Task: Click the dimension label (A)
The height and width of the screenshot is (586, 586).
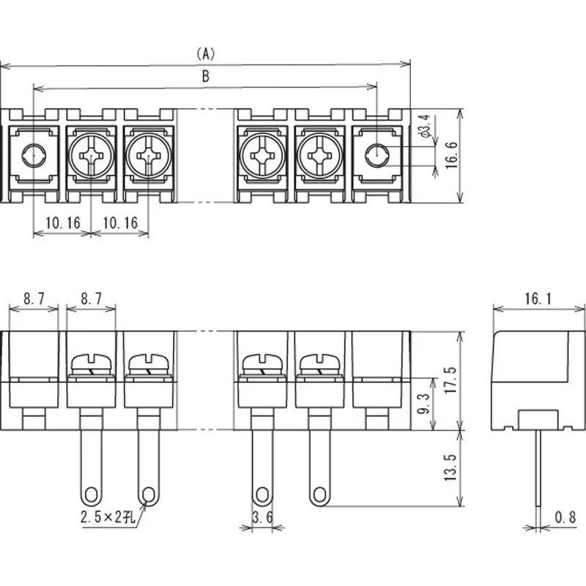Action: click(206, 53)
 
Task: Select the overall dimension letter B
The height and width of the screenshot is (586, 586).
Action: click(206, 75)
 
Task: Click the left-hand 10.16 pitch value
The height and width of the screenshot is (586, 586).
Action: click(62, 223)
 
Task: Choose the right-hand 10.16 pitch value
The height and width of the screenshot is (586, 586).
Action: click(119, 223)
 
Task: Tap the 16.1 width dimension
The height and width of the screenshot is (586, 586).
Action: click(538, 298)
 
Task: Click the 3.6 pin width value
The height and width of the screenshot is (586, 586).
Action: click(262, 518)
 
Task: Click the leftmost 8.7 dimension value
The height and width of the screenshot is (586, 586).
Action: click(34, 298)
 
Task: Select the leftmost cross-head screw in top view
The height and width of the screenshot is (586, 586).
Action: click(92, 155)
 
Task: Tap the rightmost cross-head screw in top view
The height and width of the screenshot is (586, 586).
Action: click(319, 155)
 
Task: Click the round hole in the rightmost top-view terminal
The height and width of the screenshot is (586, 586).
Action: click(377, 155)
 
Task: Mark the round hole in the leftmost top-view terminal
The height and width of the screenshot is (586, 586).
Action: click(33, 155)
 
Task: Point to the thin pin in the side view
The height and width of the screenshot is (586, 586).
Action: click(538, 469)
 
